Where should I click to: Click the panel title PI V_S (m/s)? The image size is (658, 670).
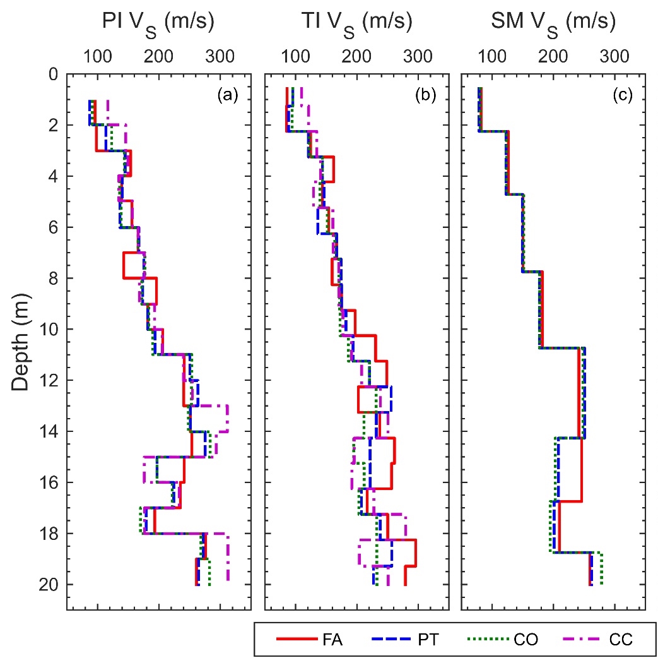(158, 23)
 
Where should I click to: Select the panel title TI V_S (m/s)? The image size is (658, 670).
(356, 23)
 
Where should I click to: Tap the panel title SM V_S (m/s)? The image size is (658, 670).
(553, 23)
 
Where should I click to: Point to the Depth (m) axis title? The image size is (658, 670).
(23, 342)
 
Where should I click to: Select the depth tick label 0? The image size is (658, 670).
(53, 75)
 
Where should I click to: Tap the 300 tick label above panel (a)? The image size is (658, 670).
(220, 56)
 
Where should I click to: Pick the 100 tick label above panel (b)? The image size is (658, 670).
(295, 56)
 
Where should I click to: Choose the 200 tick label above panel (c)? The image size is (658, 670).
(553, 56)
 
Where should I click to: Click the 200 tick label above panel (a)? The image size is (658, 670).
(159, 56)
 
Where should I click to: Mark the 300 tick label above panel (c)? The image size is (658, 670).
(614, 56)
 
